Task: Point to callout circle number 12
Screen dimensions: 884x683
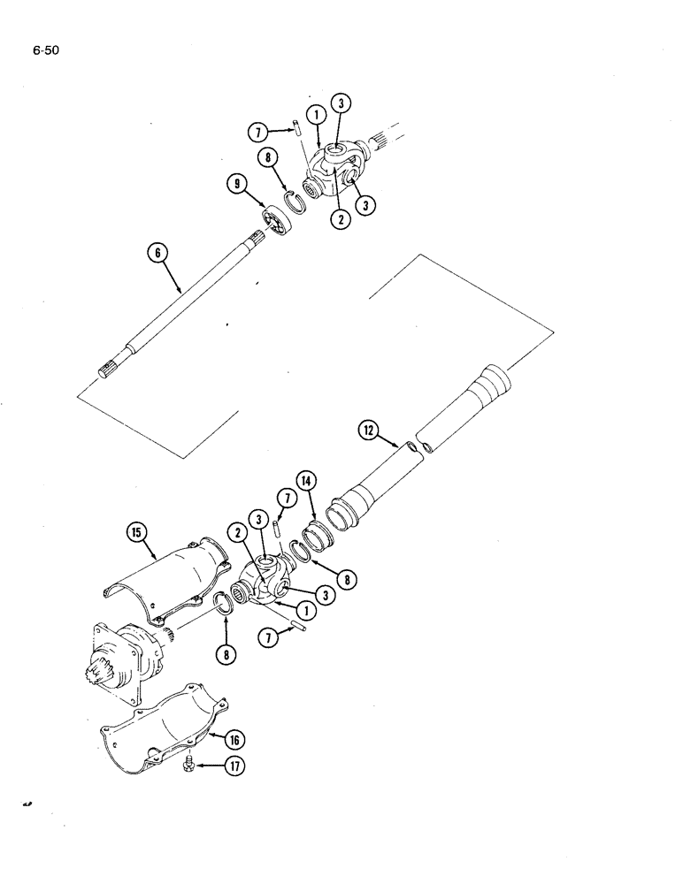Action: click(x=369, y=431)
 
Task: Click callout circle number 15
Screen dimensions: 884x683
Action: click(x=137, y=533)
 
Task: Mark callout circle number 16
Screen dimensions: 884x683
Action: click(x=237, y=739)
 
